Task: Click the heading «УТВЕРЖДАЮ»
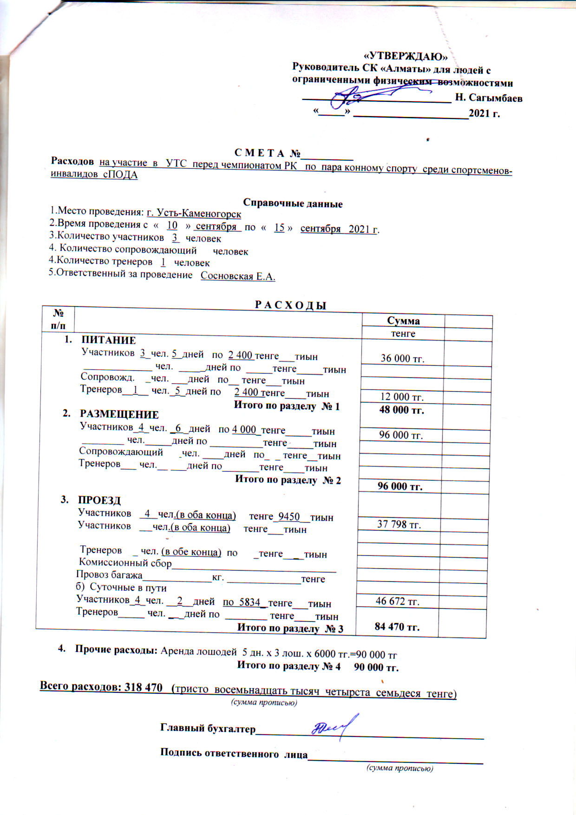tap(406, 57)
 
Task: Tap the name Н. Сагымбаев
tap(489, 98)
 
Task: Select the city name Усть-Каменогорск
tap(194, 214)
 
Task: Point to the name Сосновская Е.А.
tap(238, 276)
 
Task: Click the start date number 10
tap(172, 225)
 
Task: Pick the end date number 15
tap(279, 228)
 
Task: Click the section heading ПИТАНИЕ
tap(109, 340)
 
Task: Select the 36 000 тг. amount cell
tap(402, 358)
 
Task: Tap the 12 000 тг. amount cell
tap(402, 397)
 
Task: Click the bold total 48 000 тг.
tap(401, 410)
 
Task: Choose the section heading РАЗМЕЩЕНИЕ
tap(119, 414)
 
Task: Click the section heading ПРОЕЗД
tap(99, 500)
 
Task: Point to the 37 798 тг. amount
tap(399, 525)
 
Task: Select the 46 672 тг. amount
tap(398, 601)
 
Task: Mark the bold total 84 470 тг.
tap(397, 627)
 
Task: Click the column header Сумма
tap(403, 321)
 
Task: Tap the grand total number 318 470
tap(144, 687)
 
